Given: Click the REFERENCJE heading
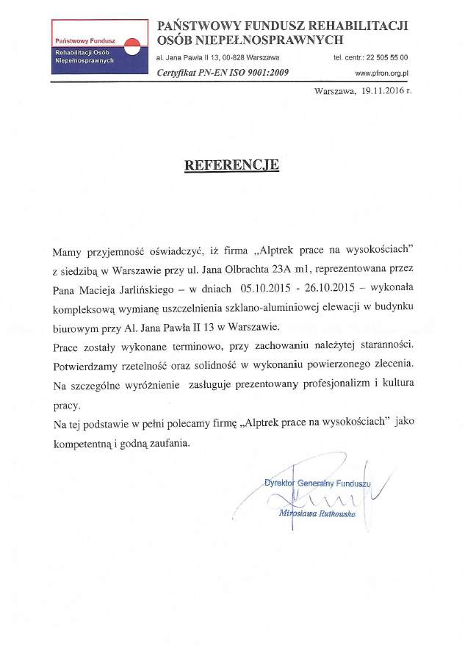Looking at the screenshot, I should point(231,165).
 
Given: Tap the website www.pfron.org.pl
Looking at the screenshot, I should point(381,73).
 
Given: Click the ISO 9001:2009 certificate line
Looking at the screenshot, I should point(223,73).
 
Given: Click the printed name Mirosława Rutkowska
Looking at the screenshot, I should point(318,514).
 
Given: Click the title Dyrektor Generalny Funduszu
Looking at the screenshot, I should point(317,483).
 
